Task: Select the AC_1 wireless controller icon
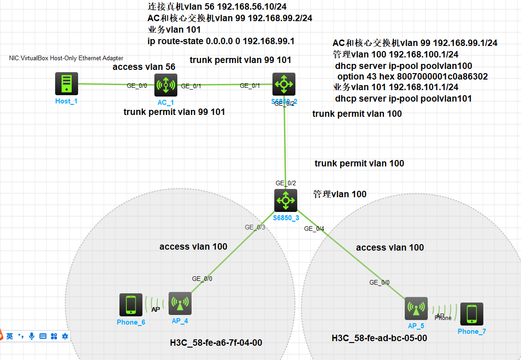(165, 85)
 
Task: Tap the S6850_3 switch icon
(286, 200)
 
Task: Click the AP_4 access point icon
(180, 303)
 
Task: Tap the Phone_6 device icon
(130, 305)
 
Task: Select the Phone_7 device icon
(471, 314)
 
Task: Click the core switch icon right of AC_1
(283, 84)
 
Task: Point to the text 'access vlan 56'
(144, 67)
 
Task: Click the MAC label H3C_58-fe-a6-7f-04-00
(216, 343)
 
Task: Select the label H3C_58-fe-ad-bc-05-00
(379, 338)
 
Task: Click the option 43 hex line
(412, 77)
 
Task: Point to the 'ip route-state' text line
(221, 41)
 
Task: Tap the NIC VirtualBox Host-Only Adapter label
(66, 58)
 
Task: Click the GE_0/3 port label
(255, 227)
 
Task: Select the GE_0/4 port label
(314, 229)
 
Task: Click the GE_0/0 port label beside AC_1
(137, 86)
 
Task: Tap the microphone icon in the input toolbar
(32, 336)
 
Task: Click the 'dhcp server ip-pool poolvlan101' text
(403, 98)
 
